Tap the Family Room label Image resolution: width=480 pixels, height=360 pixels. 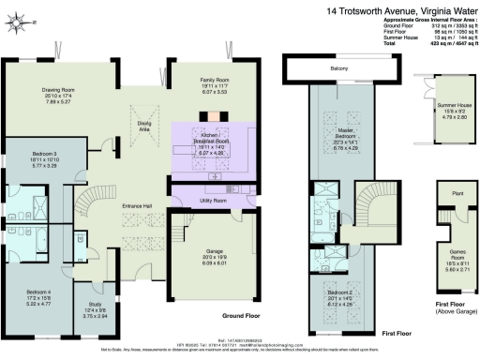click(x=197, y=82)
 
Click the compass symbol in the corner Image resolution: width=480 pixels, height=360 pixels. click(x=26, y=21)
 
